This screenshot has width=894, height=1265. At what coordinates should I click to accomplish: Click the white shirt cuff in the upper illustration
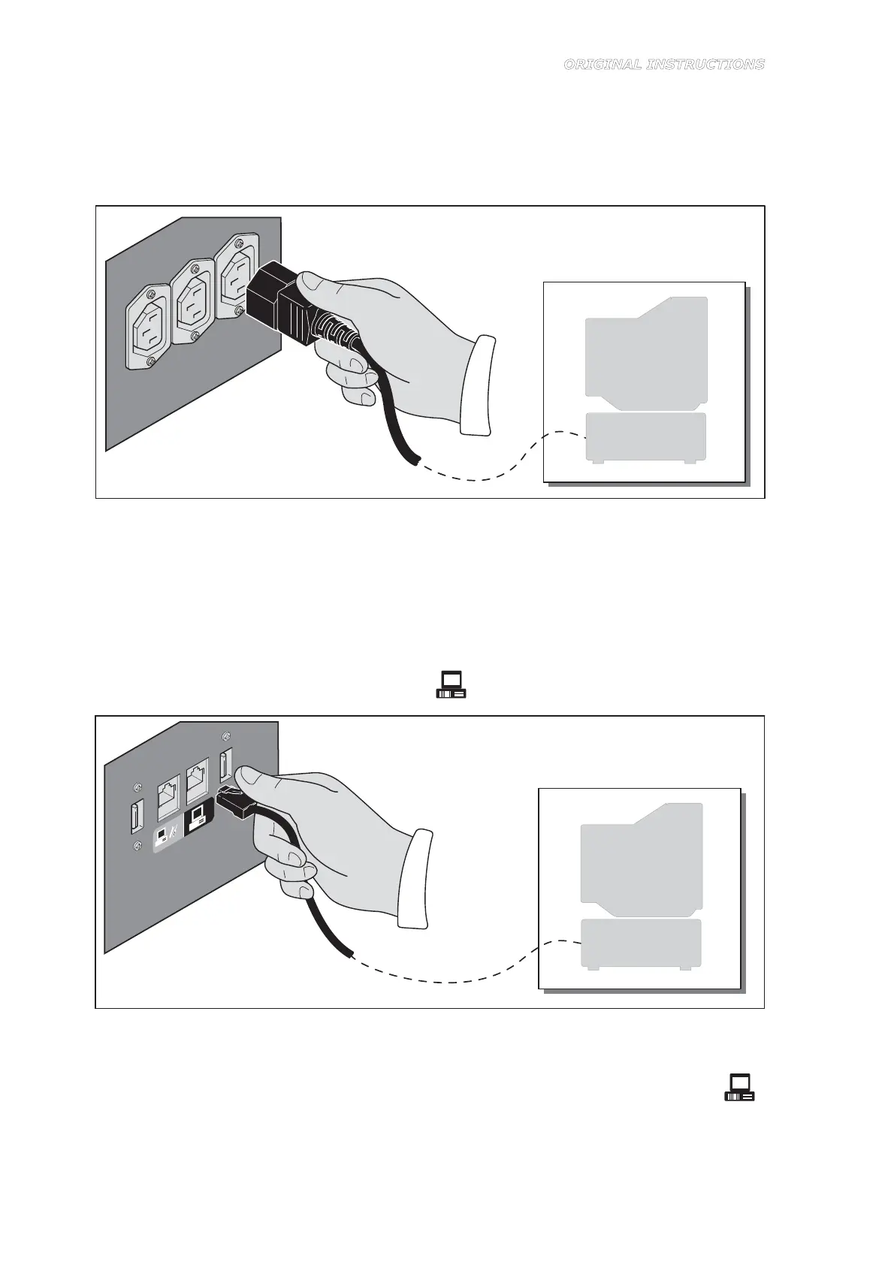tap(479, 385)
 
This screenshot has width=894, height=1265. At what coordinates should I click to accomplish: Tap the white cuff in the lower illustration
tap(416, 879)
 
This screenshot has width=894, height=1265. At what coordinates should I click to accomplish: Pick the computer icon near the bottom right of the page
tap(739, 1088)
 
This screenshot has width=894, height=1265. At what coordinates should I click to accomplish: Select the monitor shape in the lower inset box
tap(642, 856)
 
